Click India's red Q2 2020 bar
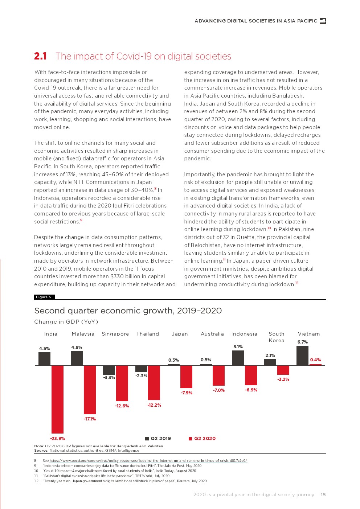coord(57,399)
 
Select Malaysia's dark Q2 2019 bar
coord(77,358)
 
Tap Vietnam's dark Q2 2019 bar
coord(302,356)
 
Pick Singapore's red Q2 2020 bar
coord(122,383)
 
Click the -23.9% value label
coord(57,438)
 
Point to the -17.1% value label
coord(90,419)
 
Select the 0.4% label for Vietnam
coord(315,360)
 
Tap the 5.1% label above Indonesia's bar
coord(238,347)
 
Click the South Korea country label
coord(277,337)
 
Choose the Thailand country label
coord(148,334)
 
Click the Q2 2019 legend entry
coord(158,438)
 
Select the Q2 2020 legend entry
coord(202,438)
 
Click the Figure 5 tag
coord(44,297)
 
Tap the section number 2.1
coord(40,56)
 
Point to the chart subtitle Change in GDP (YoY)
coord(66,322)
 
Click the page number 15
coord(323,494)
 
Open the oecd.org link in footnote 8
coord(148,461)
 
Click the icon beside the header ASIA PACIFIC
coord(323,21)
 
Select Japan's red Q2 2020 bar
coord(186,377)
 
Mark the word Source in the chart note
coord(41,451)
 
